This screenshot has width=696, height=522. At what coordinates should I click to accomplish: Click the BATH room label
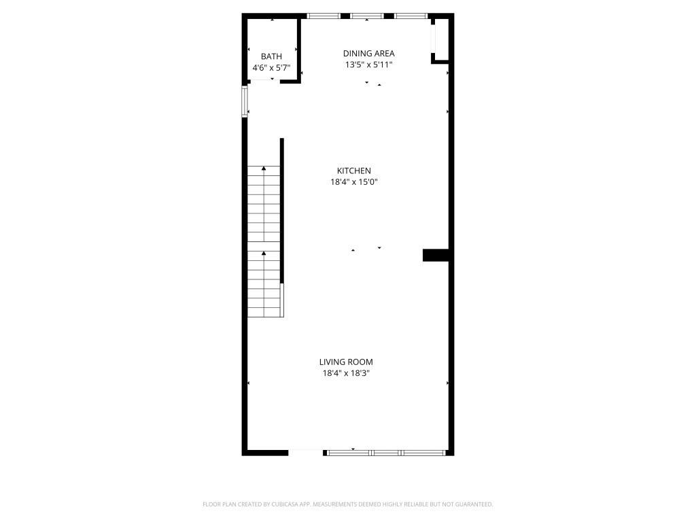point(271,56)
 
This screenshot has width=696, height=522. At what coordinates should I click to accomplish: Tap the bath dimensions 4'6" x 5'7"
point(271,68)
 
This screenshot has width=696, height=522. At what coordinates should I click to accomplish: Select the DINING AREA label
point(368,53)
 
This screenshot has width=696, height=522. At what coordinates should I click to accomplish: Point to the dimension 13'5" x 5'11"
point(368,65)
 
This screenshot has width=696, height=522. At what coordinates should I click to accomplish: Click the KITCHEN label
point(354,171)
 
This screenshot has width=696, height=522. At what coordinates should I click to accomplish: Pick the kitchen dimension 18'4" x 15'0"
point(354,182)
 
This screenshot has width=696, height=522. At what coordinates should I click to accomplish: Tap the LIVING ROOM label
point(346,362)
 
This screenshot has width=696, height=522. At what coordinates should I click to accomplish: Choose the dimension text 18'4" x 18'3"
point(346,373)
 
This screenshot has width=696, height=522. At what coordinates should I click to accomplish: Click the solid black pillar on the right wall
point(436,255)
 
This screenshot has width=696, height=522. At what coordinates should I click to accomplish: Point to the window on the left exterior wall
point(245,101)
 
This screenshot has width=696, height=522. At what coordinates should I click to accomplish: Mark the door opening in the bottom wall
point(306,451)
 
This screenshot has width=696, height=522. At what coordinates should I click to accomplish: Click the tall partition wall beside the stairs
point(281,211)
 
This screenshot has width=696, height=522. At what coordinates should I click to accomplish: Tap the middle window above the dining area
point(367,15)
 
